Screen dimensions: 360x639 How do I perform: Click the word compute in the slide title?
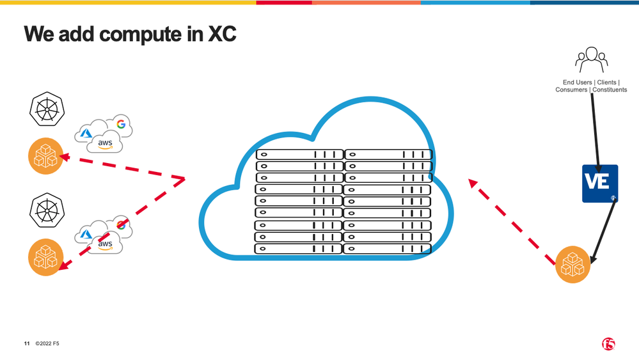click(132, 35)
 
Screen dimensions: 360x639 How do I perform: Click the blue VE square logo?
click(599, 184)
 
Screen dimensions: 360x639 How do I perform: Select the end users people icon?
click(591, 61)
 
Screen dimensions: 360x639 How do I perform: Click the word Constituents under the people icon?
click(610, 90)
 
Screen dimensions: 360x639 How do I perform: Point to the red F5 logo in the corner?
click(608, 344)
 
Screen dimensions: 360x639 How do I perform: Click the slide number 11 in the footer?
click(27, 344)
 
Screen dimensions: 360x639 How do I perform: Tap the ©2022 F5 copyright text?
click(48, 344)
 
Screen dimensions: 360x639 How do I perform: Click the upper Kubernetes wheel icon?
click(47, 109)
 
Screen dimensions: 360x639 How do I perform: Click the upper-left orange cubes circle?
click(46, 156)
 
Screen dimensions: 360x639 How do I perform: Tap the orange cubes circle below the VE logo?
click(572, 265)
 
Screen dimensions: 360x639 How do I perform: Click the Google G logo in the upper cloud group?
click(120, 124)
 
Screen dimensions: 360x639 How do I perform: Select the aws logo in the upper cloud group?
click(105, 144)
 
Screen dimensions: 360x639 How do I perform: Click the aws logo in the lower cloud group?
click(104, 244)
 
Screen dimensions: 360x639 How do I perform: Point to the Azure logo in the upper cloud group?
click(86, 134)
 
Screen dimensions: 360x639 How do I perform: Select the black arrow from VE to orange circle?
click(604, 230)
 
